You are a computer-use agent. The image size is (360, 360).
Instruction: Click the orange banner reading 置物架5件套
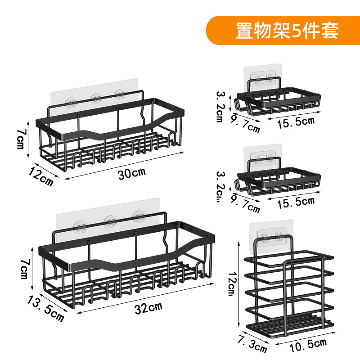pyautogui.click(x=283, y=31)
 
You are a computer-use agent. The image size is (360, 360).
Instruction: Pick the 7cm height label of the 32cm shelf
pyautogui.click(x=23, y=269)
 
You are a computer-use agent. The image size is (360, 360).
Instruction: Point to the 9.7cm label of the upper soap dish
pyautogui.click(x=245, y=124)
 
